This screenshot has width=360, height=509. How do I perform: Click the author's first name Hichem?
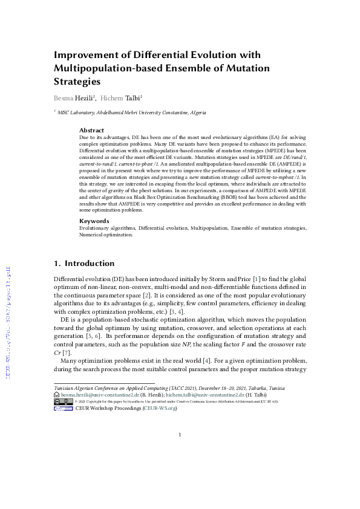(x=112, y=97)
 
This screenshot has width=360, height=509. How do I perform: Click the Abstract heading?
(x=91, y=130)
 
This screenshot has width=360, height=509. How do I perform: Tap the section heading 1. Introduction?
(x=84, y=264)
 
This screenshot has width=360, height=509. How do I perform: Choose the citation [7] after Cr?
(x=67, y=352)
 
